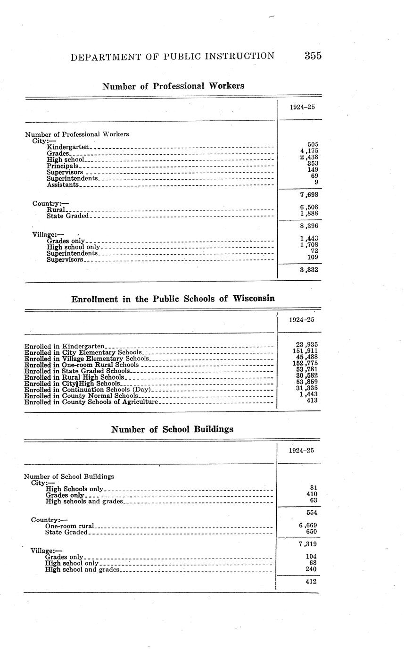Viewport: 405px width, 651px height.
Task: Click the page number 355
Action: pyautogui.click(x=313, y=56)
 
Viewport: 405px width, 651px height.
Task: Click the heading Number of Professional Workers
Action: pyautogui.click(x=173, y=86)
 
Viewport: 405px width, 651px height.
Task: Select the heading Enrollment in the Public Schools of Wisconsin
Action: pyautogui.click(x=173, y=299)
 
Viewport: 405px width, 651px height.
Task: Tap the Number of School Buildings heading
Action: pyautogui.click(x=172, y=429)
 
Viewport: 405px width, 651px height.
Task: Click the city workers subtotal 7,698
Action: pyautogui.click(x=308, y=194)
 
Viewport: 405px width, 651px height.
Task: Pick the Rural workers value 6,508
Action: pyautogui.click(x=308, y=207)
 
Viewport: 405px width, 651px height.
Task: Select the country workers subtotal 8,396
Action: pyautogui.click(x=308, y=225)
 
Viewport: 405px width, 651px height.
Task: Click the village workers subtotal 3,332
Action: pyautogui.click(x=308, y=269)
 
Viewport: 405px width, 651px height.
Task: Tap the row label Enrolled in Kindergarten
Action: pyautogui.click(x=64, y=346)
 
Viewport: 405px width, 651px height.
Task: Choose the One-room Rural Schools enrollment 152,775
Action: pyautogui.click(x=306, y=363)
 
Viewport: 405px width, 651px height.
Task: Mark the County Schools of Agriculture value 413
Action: pyautogui.click(x=312, y=401)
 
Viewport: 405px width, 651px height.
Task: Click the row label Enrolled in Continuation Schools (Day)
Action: pyautogui.click(x=87, y=390)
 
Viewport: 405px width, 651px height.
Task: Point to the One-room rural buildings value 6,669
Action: pyautogui.click(x=307, y=525)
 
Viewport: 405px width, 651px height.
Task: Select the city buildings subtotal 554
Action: pyautogui.click(x=311, y=512)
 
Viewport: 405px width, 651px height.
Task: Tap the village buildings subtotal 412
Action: pyautogui.click(x=311, y=582)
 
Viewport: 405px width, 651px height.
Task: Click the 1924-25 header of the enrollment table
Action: pyautogui.click(x=302, y=320)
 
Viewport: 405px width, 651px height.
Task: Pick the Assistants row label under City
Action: pyautogui.click(x=63, y=184)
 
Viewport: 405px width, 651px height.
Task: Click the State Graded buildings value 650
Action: pyautogui.click(x=311, y=532)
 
